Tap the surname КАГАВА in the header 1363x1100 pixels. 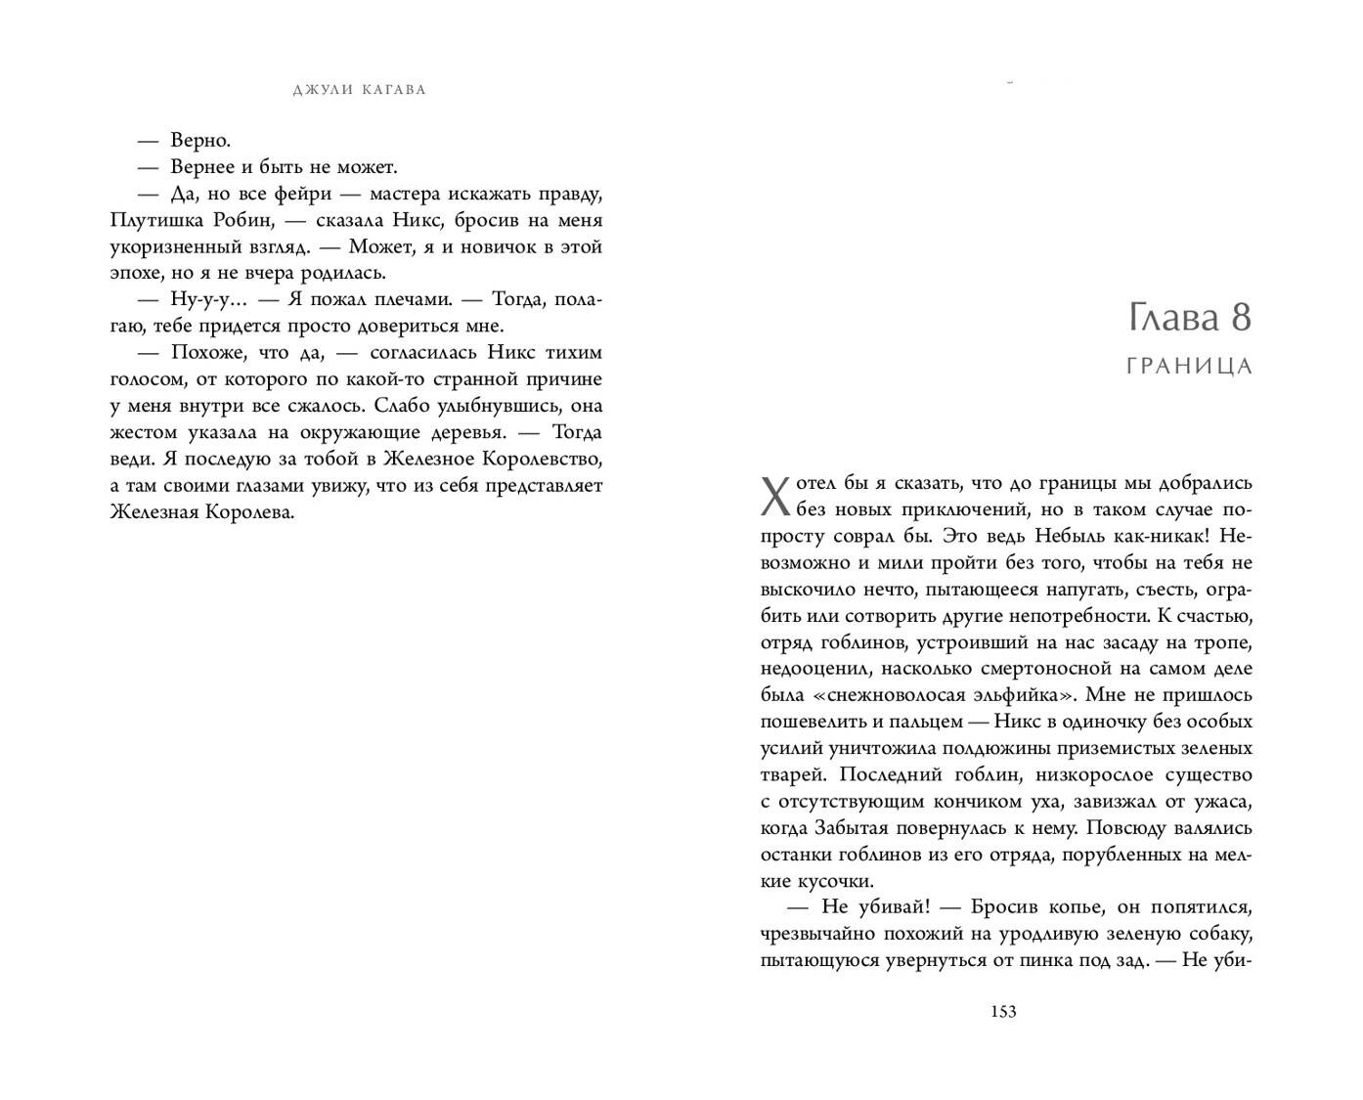[394, 90]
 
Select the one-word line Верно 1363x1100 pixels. [199, 140]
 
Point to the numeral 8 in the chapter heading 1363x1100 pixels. [1239, 318]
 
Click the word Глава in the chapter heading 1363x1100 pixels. [1167, 318]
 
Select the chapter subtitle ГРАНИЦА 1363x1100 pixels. [1189, 367]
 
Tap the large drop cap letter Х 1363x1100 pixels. [773, 496]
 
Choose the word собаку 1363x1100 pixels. [1219, 933]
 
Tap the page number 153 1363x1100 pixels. [1003, 1011]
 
